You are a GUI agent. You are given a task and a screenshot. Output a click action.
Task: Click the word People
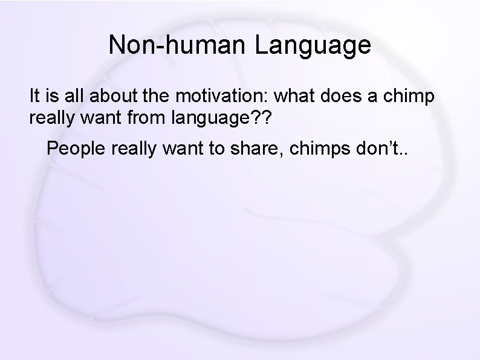point(75,149)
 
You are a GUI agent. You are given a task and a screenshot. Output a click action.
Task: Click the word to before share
point(214,149)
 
